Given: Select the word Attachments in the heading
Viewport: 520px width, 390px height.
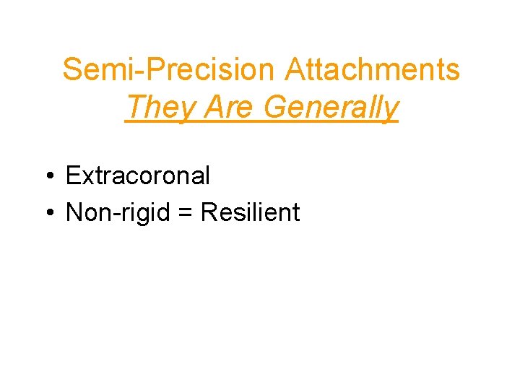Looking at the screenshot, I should [x=372, y=70].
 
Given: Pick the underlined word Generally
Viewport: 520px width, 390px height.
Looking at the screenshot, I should [x=331, y=108].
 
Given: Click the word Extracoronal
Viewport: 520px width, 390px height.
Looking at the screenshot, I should [x=137, y=175].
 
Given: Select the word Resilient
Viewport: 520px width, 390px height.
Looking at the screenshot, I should [x=250, y=212].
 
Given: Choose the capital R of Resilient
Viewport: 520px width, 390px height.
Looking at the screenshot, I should [x=209, y=212].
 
